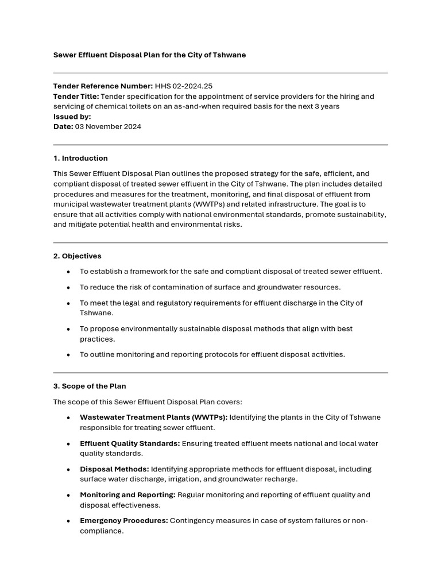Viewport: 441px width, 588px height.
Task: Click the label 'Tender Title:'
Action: (x=76, y=96)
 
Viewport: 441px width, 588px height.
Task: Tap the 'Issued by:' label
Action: (x=72, y=117)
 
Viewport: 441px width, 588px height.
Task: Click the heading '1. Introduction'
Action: (x=80, y=158)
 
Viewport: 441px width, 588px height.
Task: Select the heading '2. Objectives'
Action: (x=77, y=256)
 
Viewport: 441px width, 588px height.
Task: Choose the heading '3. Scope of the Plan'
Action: (x=90, y=386)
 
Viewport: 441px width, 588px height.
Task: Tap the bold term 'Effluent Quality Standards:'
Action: (x=130, y=443)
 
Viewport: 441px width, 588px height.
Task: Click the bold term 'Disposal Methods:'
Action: (x=114, y=469)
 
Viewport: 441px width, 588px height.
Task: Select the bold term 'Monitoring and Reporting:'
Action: (x=127, y=495)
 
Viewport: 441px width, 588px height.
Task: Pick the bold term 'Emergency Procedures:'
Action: (x=123, y=521)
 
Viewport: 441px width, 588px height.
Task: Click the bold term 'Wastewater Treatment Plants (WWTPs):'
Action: (x=153, y=417)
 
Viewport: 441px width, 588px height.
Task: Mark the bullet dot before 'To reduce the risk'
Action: (x=69, y=287)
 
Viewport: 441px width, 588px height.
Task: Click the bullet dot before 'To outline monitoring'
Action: (x=69, y=355)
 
